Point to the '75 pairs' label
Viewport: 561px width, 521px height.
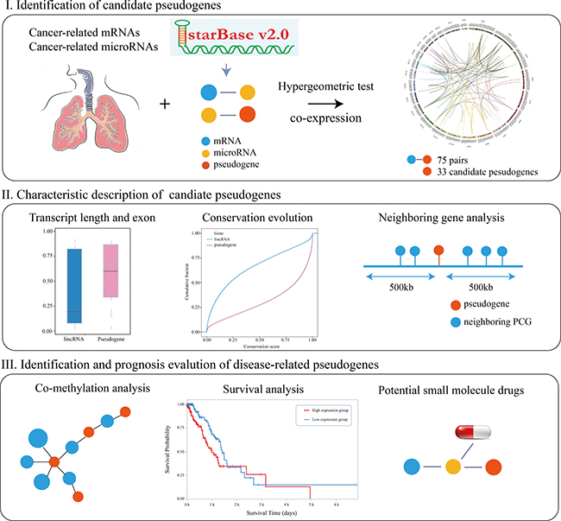(x=465, y=160)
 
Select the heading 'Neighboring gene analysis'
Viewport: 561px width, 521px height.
(x=449, y=217)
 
